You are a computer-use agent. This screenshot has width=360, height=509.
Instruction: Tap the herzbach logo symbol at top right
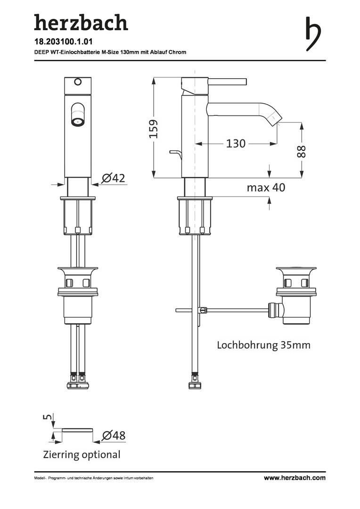313,34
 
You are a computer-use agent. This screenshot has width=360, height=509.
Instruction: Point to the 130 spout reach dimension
236,143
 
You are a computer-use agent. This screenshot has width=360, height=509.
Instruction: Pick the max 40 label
266,187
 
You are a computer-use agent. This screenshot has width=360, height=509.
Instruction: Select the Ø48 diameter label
114,435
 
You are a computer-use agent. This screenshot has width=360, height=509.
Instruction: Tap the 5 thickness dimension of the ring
47,416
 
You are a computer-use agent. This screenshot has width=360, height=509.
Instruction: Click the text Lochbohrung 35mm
263,345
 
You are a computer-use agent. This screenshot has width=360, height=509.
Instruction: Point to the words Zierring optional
82,454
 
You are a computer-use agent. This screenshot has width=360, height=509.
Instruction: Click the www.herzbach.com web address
295,477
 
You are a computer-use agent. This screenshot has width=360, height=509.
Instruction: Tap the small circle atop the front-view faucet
78,82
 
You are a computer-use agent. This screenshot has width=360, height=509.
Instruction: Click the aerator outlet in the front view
77,122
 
